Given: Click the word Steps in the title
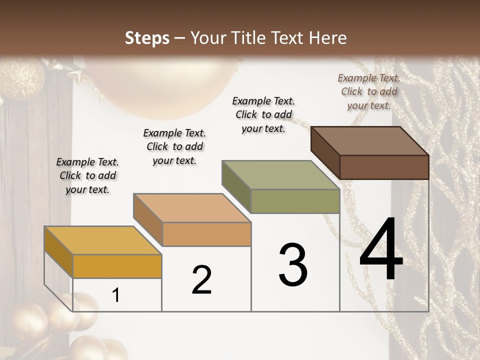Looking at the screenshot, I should tap(147, 38).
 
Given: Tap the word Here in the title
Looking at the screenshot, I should tap(328, 38).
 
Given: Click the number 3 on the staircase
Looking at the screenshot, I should tap(293, 264).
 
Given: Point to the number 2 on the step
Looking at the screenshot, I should tap(201, 280).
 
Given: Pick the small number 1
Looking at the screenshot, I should tap(116, 295).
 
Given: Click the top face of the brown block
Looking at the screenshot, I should tap(370, 141).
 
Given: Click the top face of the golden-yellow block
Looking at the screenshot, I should tap(103, 240).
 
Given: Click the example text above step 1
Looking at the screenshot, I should tap(87, 175).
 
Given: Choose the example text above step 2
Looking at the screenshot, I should tap(174, 146).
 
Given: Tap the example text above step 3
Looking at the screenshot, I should tap(263, 114).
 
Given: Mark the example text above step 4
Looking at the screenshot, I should tap(369, 91).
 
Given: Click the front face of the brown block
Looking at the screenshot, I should tap(384, 167).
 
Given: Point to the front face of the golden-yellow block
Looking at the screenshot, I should tap(117, 266).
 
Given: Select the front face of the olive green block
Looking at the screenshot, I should tap(295, 201).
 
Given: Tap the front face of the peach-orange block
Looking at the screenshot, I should tap(206, 234).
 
